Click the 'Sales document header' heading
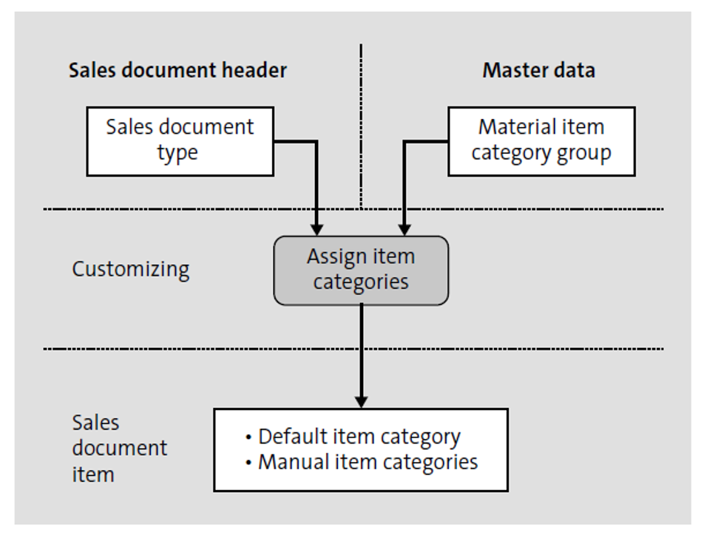[x=177, y=70]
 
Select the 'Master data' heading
[x=538, y=70]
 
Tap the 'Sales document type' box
[x=180, y=140]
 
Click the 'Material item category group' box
[x=541, y=140]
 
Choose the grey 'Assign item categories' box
[x=361, y=270]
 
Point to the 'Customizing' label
[x=130, y=269]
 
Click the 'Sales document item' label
[x=118, y=448]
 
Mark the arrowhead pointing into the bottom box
[x=361, y=401]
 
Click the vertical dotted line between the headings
[x=361, y=126]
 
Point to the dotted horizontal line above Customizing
[x=185, y=209]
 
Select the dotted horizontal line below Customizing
[x=185, y=348]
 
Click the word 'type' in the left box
[x=177, y=153]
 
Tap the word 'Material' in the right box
[x=511, y=127]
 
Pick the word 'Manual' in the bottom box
[x=288, y=463]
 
